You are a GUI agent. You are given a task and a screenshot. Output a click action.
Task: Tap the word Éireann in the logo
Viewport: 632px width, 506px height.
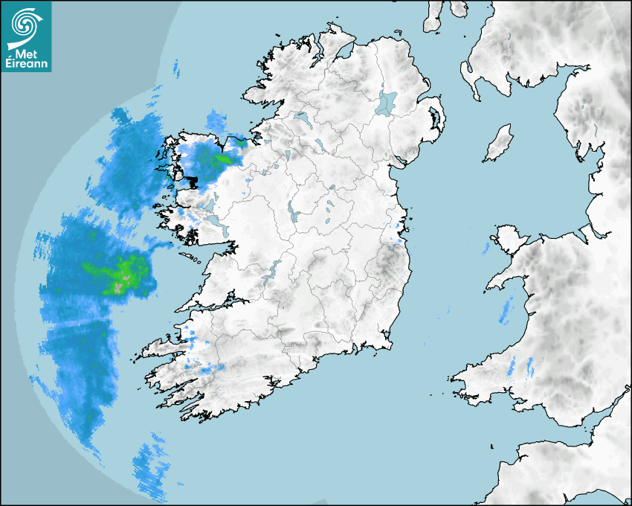point(26,64)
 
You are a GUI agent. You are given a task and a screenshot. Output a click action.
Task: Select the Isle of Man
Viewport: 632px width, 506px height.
point(499,144)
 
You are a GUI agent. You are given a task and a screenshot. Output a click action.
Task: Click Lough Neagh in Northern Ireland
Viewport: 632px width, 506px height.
point(387,102)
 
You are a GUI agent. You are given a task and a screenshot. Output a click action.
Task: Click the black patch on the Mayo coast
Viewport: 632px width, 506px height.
point(193,180)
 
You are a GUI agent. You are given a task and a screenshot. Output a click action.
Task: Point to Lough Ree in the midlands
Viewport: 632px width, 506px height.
point(293,215)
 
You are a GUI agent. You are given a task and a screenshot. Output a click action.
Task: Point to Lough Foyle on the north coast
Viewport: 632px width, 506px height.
point(342,52)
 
